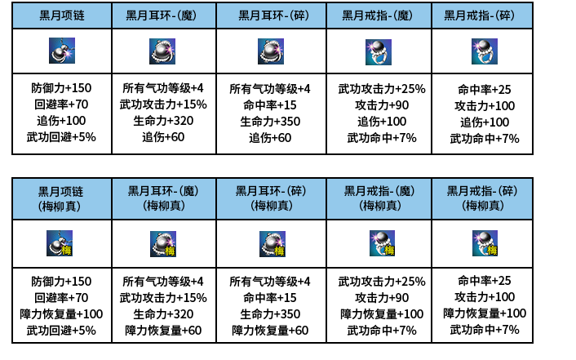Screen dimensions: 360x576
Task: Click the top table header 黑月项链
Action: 61,16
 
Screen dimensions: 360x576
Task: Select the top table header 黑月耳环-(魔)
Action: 165,16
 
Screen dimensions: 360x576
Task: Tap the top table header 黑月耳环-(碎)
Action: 272,16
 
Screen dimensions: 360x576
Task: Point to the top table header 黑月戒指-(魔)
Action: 378,16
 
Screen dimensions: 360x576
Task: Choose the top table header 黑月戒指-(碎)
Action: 484,16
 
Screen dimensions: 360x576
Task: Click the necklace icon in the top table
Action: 61,51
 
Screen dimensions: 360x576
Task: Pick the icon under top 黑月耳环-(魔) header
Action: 163,51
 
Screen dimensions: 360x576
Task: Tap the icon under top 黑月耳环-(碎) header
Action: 271,51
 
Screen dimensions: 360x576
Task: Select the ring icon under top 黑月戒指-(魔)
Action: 378,51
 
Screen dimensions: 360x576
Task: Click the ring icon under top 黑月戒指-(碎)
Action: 484,51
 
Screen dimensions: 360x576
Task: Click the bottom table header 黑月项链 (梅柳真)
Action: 61,198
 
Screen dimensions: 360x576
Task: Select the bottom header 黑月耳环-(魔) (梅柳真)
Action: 163,198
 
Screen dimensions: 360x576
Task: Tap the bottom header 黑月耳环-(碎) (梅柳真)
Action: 271,198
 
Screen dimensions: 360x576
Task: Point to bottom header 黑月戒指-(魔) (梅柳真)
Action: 379,198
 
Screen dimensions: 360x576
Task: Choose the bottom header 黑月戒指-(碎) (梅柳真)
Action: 482,198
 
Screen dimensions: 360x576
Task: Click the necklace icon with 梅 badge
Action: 60,243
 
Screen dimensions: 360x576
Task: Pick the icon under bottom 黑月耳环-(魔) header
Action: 163,244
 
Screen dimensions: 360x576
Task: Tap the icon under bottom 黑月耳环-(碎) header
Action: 272,244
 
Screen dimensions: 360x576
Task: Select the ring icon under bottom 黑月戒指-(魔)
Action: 379,243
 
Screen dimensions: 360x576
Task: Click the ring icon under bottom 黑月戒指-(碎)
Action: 485,243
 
